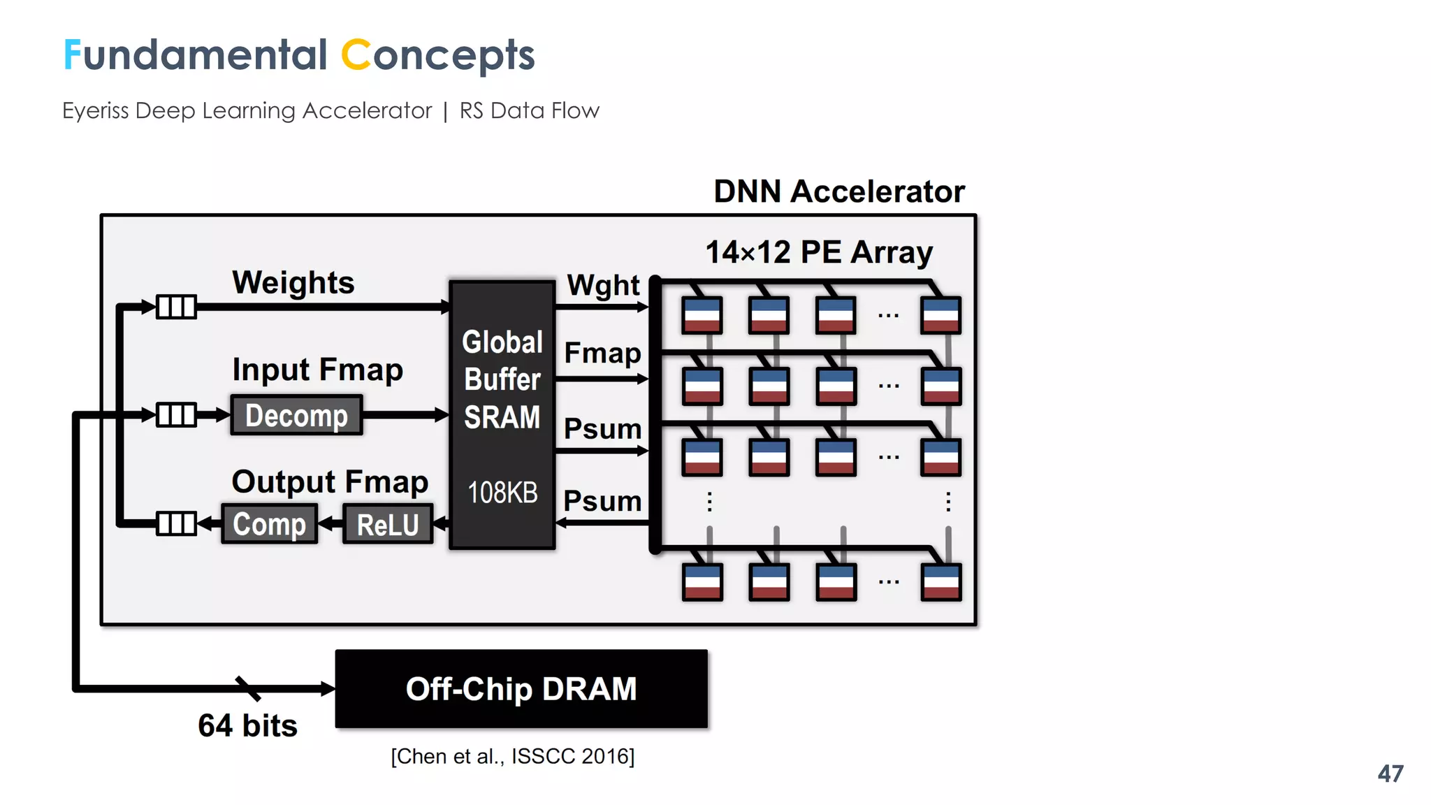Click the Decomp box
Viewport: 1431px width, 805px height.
pos(296,415)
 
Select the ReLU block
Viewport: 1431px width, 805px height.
pos(388,524)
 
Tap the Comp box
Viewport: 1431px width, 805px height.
pos(269,524)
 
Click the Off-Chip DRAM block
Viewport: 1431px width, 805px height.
pos(521,689)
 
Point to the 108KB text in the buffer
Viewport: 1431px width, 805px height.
pos(502,493)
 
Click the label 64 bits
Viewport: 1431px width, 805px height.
pos(247,725)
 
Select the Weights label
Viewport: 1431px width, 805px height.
pos(293,282)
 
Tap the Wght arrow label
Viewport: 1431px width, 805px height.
pos(602,285)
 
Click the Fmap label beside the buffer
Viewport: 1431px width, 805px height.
pos(602,353)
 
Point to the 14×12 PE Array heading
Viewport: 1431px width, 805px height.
pos(819,252)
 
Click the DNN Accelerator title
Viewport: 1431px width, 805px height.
pos(838,191)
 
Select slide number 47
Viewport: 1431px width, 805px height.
pos(1390,774)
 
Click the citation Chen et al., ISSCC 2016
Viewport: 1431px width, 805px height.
pos(512,756)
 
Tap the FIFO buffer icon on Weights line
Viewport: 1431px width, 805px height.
pos(176,307)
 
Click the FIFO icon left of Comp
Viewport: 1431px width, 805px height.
pos(176,523)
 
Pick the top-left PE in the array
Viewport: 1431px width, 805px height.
pos(702,315)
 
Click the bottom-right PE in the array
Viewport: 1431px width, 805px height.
pos(940,582)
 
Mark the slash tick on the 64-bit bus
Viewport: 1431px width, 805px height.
pos(248,688)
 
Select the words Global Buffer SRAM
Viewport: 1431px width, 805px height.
pos(502,379)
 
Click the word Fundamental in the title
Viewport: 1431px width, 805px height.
pos(195,55)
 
